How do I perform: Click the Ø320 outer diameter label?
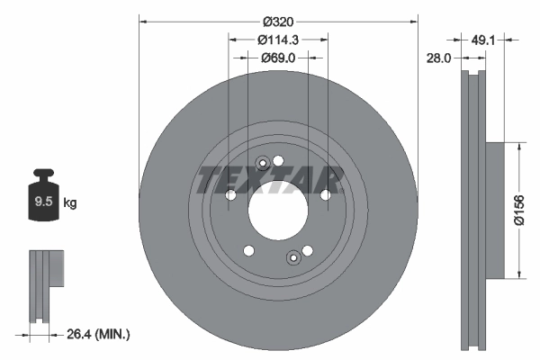point(279,22)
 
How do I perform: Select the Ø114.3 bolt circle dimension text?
point(278,40)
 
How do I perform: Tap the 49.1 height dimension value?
point(484,40)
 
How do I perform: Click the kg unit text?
point(70,203)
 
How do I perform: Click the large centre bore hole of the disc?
point(278,211)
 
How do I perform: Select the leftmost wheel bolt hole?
point(231,195)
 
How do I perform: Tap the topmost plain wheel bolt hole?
point(278,161)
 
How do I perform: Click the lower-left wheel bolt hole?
point(249,251)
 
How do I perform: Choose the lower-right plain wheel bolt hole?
point(307,251)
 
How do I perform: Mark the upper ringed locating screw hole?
point(263,164)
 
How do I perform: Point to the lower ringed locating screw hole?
point(292,259)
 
